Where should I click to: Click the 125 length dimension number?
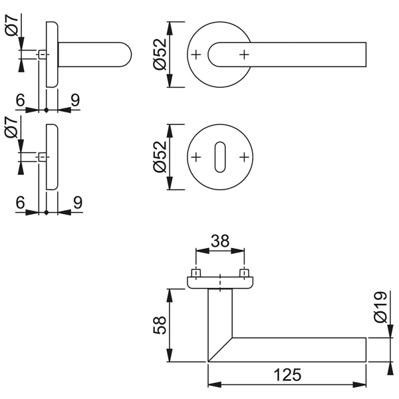click(287, 374)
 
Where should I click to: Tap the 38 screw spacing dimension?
click(220, 242)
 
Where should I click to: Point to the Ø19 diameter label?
click(380, 307)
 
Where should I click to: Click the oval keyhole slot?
click(220, 157)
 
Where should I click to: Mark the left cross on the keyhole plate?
click(196, 157)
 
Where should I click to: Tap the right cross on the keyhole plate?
click(245, 157)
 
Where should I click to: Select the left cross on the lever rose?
click(196, 54)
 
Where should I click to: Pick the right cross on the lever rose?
click(245, 54)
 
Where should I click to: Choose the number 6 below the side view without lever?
click(21, 203)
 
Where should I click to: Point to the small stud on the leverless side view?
click(42, 157)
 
